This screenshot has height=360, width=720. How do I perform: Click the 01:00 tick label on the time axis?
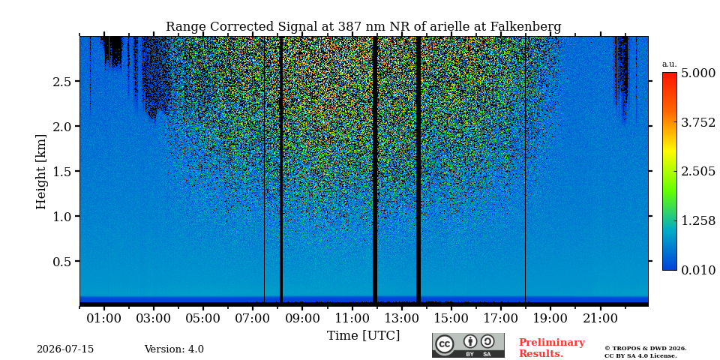pyautogui.click(x=104, y=318)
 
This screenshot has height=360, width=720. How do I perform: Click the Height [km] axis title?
pyautogui.click(x=41, y=172)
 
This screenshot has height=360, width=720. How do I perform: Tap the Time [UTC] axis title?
pyautogui.click(x=363, y=336)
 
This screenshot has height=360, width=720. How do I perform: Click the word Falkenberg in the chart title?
pyautogui.click(x=526, y=27)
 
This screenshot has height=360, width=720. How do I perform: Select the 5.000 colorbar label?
pyautogui.click(x=698, y=73)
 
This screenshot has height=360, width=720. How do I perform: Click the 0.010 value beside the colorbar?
pyautogui.click(x=698, y=270)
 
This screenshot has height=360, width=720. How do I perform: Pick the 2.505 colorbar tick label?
pyautogui.click(x=698, y=171)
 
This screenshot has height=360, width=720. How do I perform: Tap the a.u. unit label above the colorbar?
pyautogui.click(x=670, y=64)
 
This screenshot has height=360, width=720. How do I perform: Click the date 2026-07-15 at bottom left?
pyautogui.click(x=65, y=349)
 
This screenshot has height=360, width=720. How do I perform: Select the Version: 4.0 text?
pyautogui.click(x=174, y=349)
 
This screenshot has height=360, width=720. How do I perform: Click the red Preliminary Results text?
pyautogui.click(x=552, y=348)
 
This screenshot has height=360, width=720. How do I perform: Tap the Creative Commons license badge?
pyautogui.click(x=468, y=345)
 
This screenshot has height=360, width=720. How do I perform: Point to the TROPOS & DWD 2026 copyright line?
pyautogui.click(x=646, y=349)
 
